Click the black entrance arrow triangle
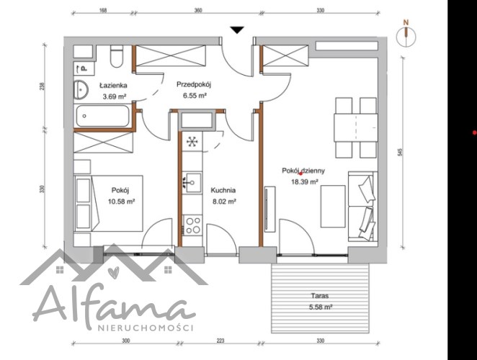[237, 30]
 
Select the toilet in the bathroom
[117, 57]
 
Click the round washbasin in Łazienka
[81, 89]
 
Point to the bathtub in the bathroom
[102, 116]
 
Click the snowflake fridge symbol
[192, 141]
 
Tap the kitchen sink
[192, 182]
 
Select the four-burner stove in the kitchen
[192, 225]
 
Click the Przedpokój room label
[194, 84]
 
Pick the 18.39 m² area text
[305, 182]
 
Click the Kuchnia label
[223, 190]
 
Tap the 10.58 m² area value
[121, 202]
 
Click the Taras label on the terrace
[320, 295]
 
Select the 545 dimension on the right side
[400, 152]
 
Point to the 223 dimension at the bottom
[220, 341]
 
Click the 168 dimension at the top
[103, 10]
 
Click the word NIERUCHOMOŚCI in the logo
[146, 328]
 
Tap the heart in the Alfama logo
[113, 271]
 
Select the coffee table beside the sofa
[333, 207]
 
